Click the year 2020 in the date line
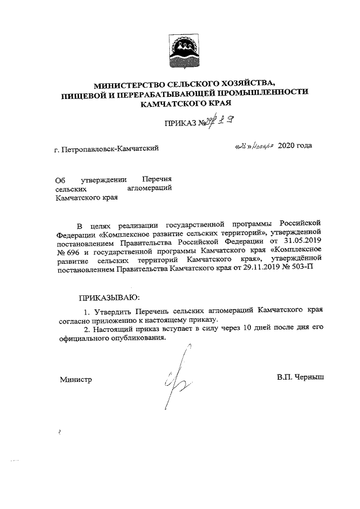pyautogui.click(x=286, y=146)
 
